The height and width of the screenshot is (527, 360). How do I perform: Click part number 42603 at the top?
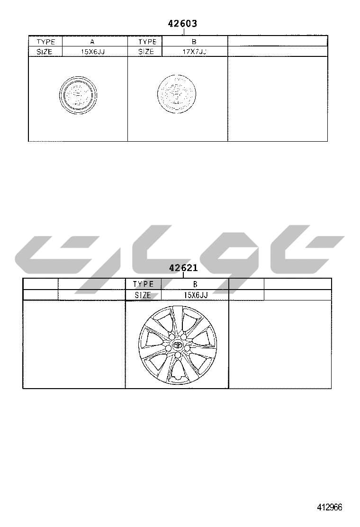[x=182, y=24]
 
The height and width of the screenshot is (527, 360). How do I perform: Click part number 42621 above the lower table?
[x=183, y=268]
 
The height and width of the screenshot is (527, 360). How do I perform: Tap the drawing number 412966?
[x=329, y=507]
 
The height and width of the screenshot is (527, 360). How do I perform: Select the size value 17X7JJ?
[x=194, y=52]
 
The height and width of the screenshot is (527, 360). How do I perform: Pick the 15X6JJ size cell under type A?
[x=93, y=52]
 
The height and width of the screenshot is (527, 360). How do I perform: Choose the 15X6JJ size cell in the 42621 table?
[x=196, y=295]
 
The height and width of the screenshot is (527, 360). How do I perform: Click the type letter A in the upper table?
[x=92, y=42]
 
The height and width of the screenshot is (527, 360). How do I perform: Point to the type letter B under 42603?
[x=194, y=42]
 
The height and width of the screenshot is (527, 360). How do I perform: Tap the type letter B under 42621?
[x=195, y=284]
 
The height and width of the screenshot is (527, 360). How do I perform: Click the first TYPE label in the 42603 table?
[x=45, y=42]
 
